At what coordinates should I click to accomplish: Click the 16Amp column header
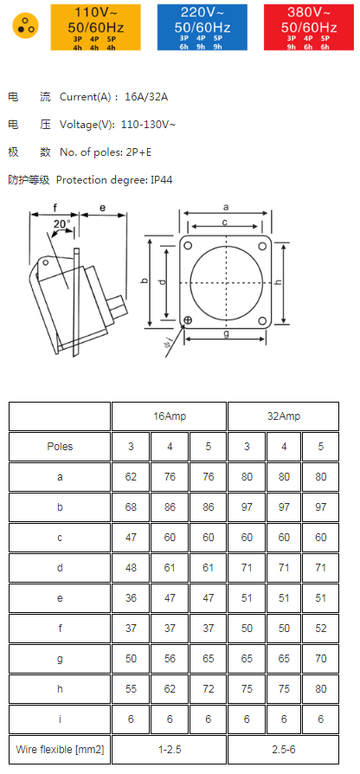coord(170,416)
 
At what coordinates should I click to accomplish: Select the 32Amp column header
coord(284,416)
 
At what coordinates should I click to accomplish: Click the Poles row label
coord(60,447)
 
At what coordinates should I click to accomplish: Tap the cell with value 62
coord(131,477)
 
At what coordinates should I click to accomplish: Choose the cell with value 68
coord(131,507)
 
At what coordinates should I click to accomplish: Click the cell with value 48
coord(131,568)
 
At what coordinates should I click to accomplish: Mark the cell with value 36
coord(131,598)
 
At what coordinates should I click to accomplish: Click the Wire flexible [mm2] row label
coord(60,750)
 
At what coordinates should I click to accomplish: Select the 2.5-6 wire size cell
coord(284,750)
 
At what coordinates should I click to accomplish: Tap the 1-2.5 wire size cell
coord(170,750)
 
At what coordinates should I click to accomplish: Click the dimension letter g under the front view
coord(227,332)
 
